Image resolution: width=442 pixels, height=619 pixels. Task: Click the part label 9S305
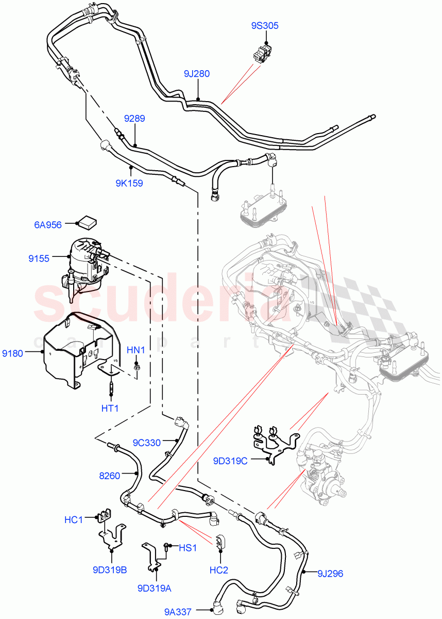coord(266,26)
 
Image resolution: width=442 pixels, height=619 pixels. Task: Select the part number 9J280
coord(197,74)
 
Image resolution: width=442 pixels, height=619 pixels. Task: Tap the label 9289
coord(134,119)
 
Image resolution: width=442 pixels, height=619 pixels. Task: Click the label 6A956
coord(48,224)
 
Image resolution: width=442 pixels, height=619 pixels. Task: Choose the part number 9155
coord(39,258)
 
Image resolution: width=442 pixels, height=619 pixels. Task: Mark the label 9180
coord(12,353)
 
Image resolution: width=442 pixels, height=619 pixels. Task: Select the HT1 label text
coord(110,408)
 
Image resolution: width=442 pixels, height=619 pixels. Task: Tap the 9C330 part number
coord(147,442)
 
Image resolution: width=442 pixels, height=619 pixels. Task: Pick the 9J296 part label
coord(330,573)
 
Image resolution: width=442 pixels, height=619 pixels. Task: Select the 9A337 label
coord(178,612)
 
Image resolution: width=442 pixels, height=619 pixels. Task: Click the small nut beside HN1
coord(137,367)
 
